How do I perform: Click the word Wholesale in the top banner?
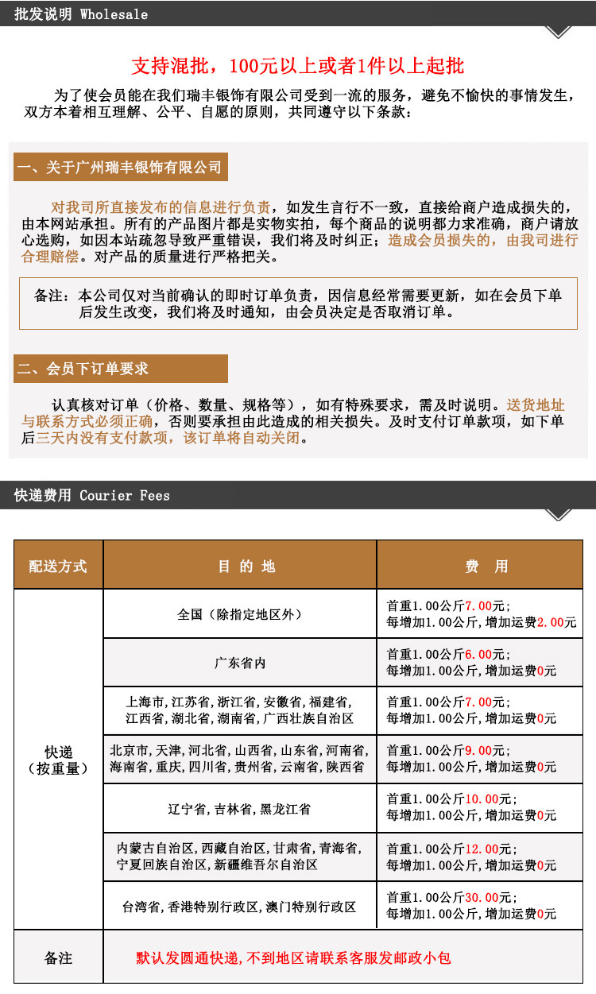114,14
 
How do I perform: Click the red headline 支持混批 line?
297,66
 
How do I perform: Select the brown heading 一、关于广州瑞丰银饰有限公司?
120,168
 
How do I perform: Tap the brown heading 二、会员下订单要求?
83,369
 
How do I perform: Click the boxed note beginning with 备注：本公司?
298,304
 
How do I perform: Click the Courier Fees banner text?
125,495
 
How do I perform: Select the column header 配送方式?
58,566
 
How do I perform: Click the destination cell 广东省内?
239,663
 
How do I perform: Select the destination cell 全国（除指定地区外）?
239,614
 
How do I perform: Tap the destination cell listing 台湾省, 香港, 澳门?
239,907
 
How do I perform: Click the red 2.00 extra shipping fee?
551,622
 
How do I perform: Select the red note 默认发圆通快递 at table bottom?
294,958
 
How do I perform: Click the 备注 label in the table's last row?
58,958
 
